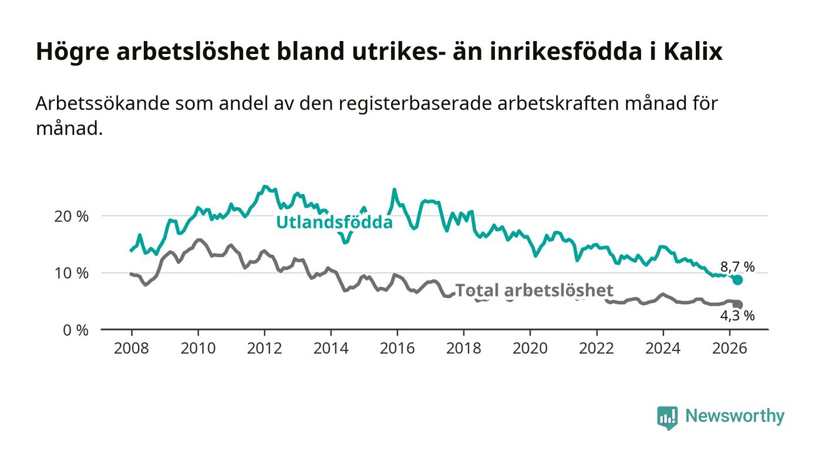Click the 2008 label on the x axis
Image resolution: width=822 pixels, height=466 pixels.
132,348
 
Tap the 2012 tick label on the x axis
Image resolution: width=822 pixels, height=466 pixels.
264,348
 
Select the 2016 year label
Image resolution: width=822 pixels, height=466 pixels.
397,348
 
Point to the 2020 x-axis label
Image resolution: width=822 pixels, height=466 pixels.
530,348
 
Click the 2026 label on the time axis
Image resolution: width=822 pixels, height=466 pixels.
729,348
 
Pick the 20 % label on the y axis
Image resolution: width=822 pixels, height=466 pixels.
71,217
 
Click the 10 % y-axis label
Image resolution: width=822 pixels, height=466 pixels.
71,273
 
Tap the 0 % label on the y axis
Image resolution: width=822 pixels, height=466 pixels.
76,330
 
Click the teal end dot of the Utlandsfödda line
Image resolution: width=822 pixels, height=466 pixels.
737,280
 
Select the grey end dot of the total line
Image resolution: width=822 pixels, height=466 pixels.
737,305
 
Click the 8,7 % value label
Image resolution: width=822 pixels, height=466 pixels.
737,267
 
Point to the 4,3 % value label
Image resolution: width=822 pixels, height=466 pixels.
737,316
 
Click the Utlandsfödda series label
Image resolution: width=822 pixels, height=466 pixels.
334,222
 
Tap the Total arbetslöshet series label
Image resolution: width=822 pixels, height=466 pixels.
534,291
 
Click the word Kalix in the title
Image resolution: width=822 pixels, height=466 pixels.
693,52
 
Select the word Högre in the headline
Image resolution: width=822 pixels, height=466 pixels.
73,52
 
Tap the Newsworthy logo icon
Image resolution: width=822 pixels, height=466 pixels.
667,417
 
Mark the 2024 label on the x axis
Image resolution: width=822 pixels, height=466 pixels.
663,348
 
